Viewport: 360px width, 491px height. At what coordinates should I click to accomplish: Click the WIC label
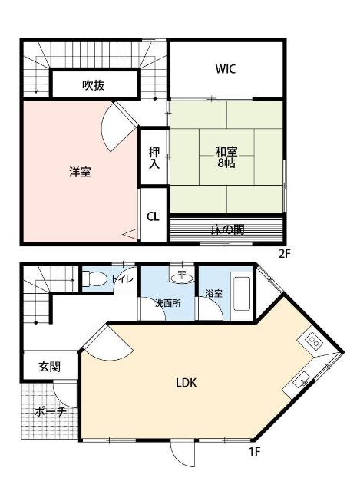(225, 69)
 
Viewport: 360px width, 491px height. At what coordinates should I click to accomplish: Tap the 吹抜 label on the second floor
(94, 85)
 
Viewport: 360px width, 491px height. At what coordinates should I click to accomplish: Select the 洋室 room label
(80, 172)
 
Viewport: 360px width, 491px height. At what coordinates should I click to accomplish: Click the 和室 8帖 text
(226, 157)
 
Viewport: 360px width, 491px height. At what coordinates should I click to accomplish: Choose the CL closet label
(153, 216)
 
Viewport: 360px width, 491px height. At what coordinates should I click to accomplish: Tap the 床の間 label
(226, 229)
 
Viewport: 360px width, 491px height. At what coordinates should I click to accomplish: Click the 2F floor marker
(286, 252)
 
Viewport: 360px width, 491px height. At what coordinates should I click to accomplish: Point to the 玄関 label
(50, 367)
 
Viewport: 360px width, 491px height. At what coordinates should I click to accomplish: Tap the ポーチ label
(51, 412)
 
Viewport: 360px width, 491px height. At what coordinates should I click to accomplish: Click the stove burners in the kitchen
(314, 341)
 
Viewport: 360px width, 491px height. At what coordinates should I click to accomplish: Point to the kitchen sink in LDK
(302, 379)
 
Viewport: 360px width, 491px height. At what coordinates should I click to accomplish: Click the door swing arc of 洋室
(115, 124)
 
